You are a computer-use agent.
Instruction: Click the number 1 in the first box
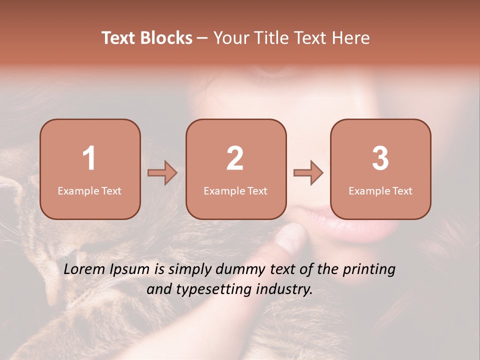coord(89,159)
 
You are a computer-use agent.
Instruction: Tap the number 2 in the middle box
coord(235,159)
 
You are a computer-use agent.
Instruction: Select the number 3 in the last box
coord(380,159)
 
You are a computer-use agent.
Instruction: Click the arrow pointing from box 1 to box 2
coord(162,173)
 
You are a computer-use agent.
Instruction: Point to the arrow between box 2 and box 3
coord(308,173)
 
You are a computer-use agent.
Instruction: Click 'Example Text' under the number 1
coord(89,191)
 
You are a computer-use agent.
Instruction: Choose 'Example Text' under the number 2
coord(235,191)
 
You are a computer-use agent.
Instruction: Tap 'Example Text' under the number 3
coord(380,191)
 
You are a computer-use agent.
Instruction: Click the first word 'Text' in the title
coord(118,38)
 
